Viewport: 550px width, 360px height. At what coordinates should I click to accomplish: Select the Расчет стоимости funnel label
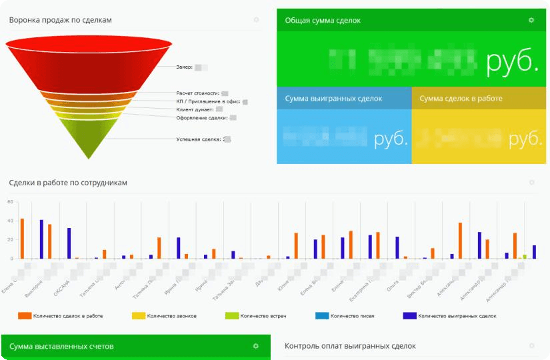click(x=197, y=93)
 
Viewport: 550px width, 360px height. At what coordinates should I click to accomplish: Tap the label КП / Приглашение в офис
click(x=208, y=101)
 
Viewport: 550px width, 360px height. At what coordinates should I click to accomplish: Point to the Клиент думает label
click(x=195, y=109)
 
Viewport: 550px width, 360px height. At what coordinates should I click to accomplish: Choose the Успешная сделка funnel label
click(x=199, y=139)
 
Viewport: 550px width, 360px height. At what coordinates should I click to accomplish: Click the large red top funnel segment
click(x=89, y=63)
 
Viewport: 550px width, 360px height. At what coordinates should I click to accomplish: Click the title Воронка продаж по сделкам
click(x=60, y=20)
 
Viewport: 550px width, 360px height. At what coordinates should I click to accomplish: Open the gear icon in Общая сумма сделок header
click(x=531, y=20)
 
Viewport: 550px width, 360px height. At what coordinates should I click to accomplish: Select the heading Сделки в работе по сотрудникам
click(x=68, y=182)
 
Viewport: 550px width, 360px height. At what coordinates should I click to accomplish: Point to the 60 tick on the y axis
click(x=10, y=201)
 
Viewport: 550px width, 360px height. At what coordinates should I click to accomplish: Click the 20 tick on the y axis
click(x=10, y=239)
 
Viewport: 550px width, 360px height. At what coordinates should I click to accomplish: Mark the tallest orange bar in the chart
click(x=22, y=238)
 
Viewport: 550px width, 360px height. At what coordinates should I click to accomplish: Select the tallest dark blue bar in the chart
click(x=41, y=239)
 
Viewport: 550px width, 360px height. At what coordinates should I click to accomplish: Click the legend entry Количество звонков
click(x=172, y=315)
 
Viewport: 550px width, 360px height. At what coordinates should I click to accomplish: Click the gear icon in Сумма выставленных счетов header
click(x=255, y=346)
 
